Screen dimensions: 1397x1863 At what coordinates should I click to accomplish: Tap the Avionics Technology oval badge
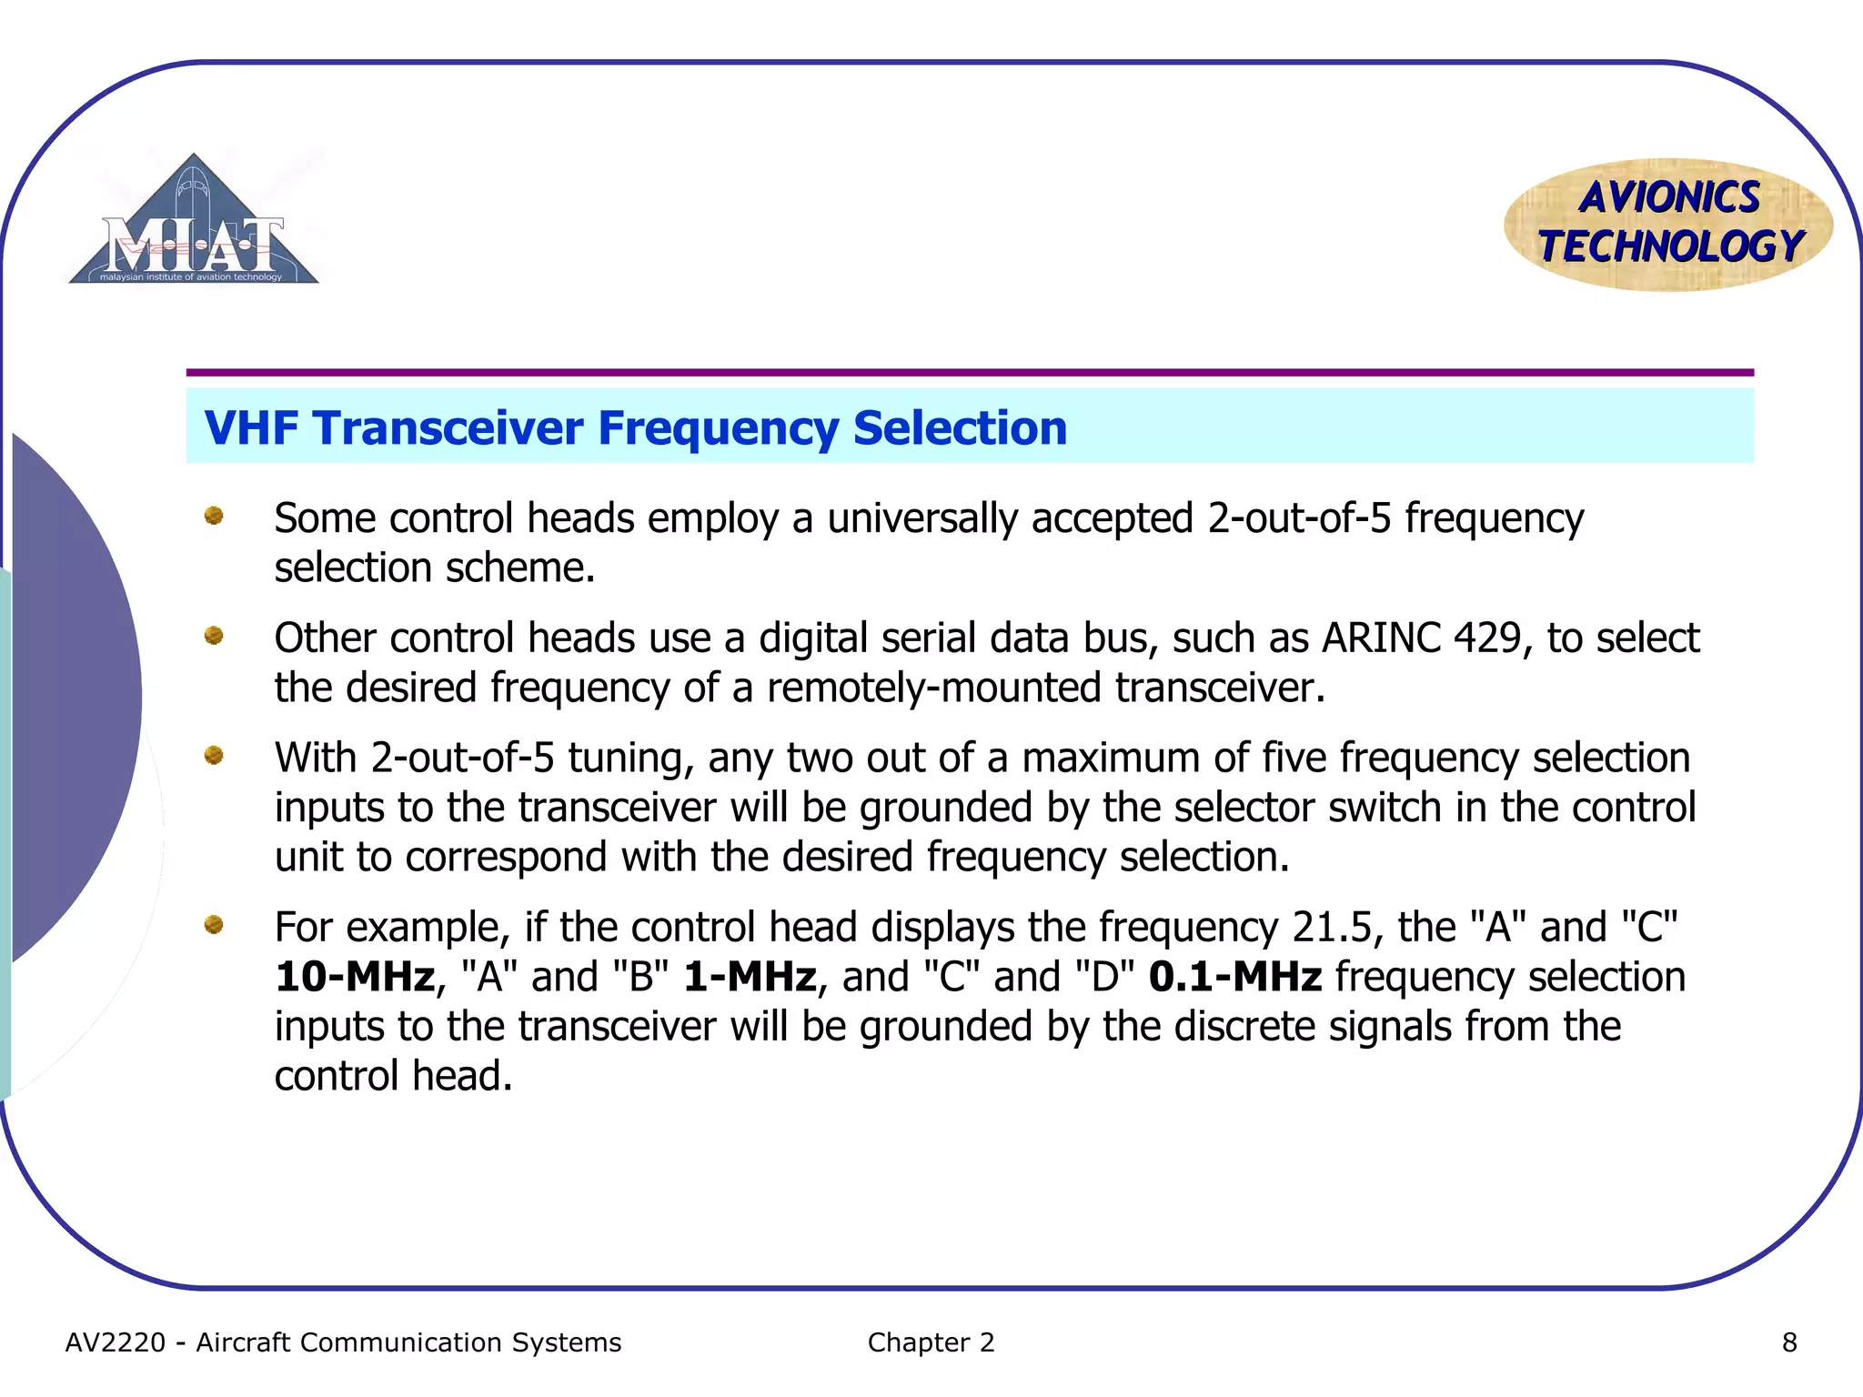[x=1669, y=224]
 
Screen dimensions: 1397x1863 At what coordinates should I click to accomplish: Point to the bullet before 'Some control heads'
[x=214, y=516]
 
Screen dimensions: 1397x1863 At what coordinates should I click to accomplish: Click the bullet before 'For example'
[x=214, y=925]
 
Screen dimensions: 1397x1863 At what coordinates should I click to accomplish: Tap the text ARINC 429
[x=1422, y=638]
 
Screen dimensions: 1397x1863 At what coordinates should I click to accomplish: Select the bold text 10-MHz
[x=355, y=977]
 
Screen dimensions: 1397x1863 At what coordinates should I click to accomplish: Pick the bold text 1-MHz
[x=750, y=977]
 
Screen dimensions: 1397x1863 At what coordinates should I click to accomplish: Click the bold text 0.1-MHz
[x=1234, y=977]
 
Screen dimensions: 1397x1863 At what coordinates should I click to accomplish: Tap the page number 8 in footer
[x=1788, y=1342]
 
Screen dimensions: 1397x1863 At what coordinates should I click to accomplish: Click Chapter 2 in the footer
[x=931, y=1342]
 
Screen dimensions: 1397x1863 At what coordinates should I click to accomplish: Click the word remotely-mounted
[x=933, y=688]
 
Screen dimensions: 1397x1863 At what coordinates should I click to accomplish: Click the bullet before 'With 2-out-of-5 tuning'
[x=214, y=755]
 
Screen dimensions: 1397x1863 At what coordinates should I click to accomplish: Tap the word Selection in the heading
[x=960, y=427]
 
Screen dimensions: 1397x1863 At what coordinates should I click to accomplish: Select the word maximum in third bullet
[x=1107, y=758]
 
